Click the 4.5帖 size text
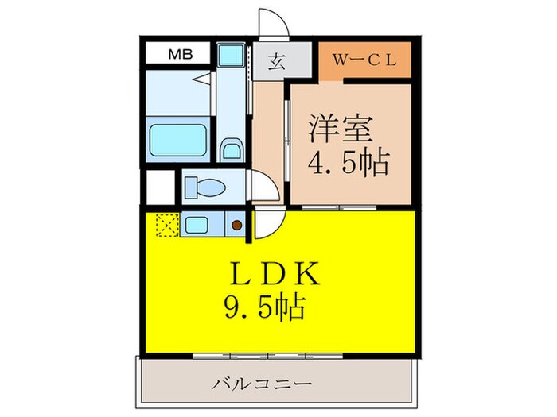click(348, 162)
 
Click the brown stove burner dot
click(236, 225)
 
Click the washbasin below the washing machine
click(231, 149)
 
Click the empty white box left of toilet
click(158, 188)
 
